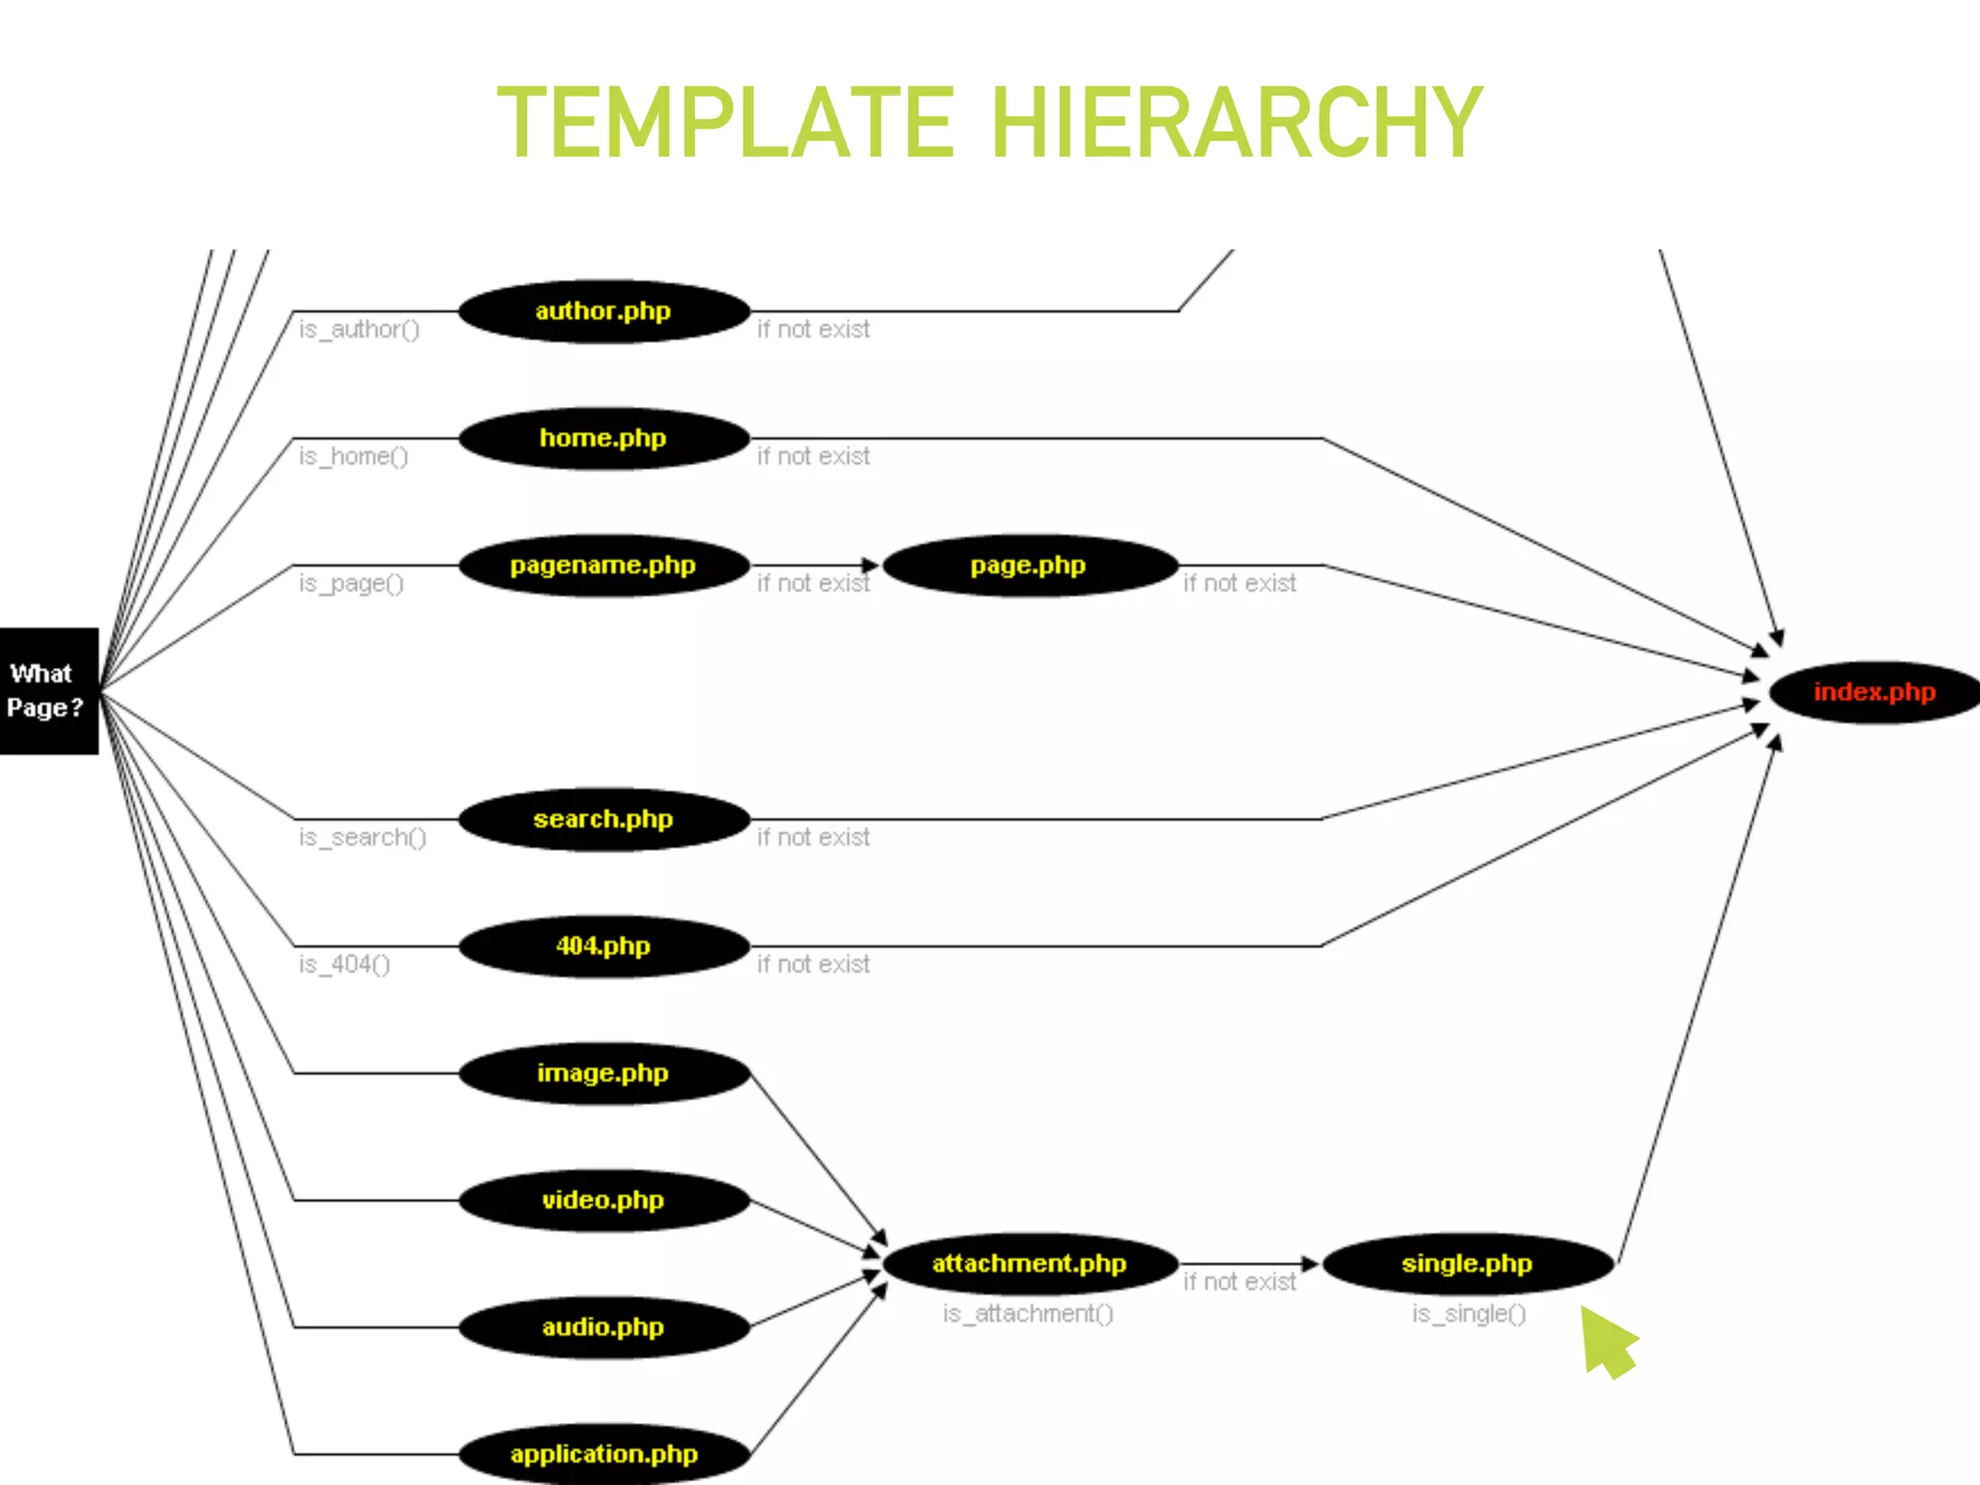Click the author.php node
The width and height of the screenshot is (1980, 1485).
click(603, 311)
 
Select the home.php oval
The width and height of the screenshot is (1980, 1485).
click(603, 438)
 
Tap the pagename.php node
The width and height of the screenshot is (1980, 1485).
click(603, 566)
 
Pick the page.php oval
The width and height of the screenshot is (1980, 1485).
click(1029, 566)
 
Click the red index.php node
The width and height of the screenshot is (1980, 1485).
click(1874, 692)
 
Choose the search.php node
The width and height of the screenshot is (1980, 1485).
click(603, 820)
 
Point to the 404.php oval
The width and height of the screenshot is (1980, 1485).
click(603, 946)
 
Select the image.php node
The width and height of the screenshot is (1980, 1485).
click(603, 1073)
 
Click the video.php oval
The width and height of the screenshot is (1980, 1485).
click(603, 1201)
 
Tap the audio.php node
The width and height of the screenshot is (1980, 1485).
click(603, 1327)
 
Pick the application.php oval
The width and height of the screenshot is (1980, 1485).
click(603, 1454)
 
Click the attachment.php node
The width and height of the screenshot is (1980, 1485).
click(1029, 1264)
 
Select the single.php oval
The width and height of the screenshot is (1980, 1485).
click(1468, 1264)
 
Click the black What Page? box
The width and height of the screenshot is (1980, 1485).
click(48, 691)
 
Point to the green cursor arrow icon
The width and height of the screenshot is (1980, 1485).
click(1607, 1342)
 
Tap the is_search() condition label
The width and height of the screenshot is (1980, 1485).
click(363, 837)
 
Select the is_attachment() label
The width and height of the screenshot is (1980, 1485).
click(1028, 1314)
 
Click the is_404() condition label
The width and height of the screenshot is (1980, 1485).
click(344, 965)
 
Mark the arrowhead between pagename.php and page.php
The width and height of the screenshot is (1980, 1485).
click(870, 566)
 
